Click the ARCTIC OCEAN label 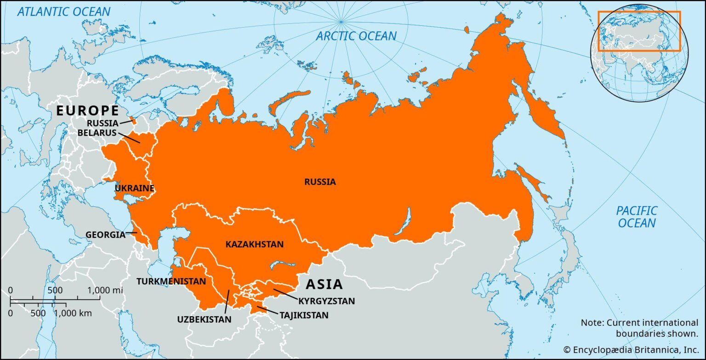tap(356, 36)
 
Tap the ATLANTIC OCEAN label tap(64, 11)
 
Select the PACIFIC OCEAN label tap(637, 217)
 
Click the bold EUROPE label tap(87, 111)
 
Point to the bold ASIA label tap(325, 284)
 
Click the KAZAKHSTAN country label tap(254, 245)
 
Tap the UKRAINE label tap(134, 189)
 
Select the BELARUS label tap(97, 132)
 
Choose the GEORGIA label tap(105, 235)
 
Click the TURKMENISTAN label tap(171, 281)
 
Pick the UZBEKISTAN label tap(204, 319)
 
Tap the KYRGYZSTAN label tap(326, 302)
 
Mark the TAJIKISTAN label tap(304, 315)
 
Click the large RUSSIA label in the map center tap(320, 182)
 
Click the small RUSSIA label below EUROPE tap(102, 123)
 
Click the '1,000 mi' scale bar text tap(105, 291)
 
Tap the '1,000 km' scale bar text tap(74, 314)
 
